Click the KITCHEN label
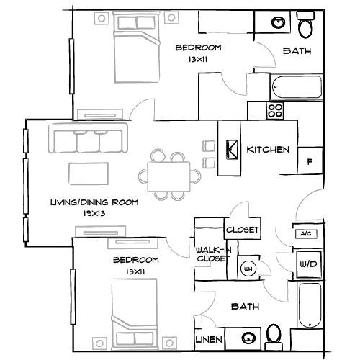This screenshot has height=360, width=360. [x=268, y=150]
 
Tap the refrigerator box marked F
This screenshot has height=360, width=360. [x=310, y=162]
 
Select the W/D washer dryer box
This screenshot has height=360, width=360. [x=308, y=265]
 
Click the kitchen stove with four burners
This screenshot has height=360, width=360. [x=274, y=111]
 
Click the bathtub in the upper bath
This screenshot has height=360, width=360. [x=295, y=86]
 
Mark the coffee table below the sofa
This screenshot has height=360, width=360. [x=89, y=174]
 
